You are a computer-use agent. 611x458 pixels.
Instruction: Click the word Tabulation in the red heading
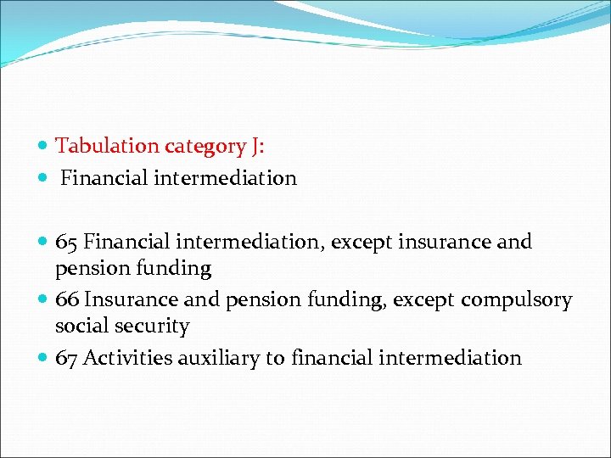[x=108, y=146]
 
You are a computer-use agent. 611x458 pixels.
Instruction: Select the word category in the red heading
[x=205, y=147]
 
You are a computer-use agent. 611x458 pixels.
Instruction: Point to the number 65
[x=67, y=242]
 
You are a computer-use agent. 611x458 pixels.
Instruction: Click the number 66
[x=67, y=300]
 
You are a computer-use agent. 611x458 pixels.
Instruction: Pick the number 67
[x=67, y=358]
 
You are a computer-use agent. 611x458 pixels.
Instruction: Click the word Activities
[x=128, y=358]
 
